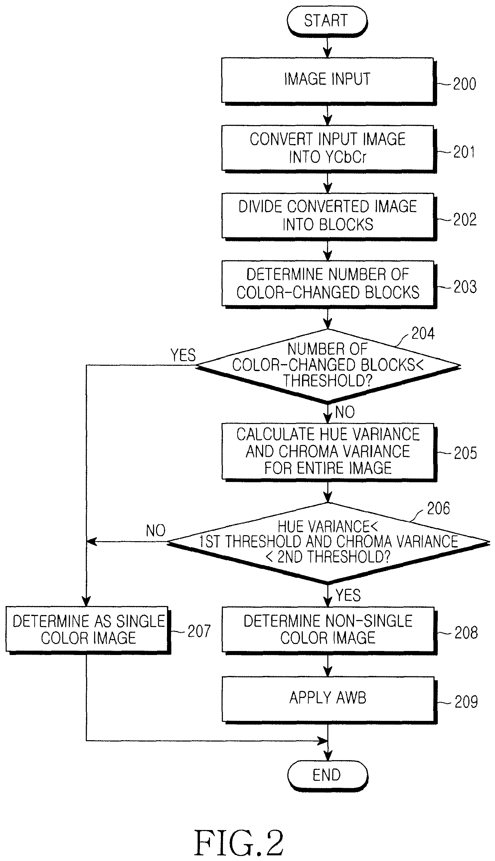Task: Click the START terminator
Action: coord(327,21)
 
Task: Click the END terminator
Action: coord(328,775)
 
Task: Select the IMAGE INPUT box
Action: coord(329,81)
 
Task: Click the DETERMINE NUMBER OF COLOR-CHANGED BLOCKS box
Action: coord(329,284)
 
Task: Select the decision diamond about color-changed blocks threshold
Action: coord(328,365)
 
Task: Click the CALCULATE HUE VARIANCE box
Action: coord(329,452)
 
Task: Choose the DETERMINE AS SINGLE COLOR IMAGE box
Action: coord(88,630)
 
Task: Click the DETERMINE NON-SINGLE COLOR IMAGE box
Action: coord(329,630)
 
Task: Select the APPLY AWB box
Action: coord(329,700)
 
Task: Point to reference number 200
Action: coord(464,84)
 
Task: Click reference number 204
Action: coord(423,333)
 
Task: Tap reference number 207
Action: coord(199,631)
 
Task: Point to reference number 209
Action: coord(466,702)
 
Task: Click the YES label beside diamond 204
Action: coord(183,355)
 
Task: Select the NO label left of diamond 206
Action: coord(156,531)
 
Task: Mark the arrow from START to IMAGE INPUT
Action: coord(327,47)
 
